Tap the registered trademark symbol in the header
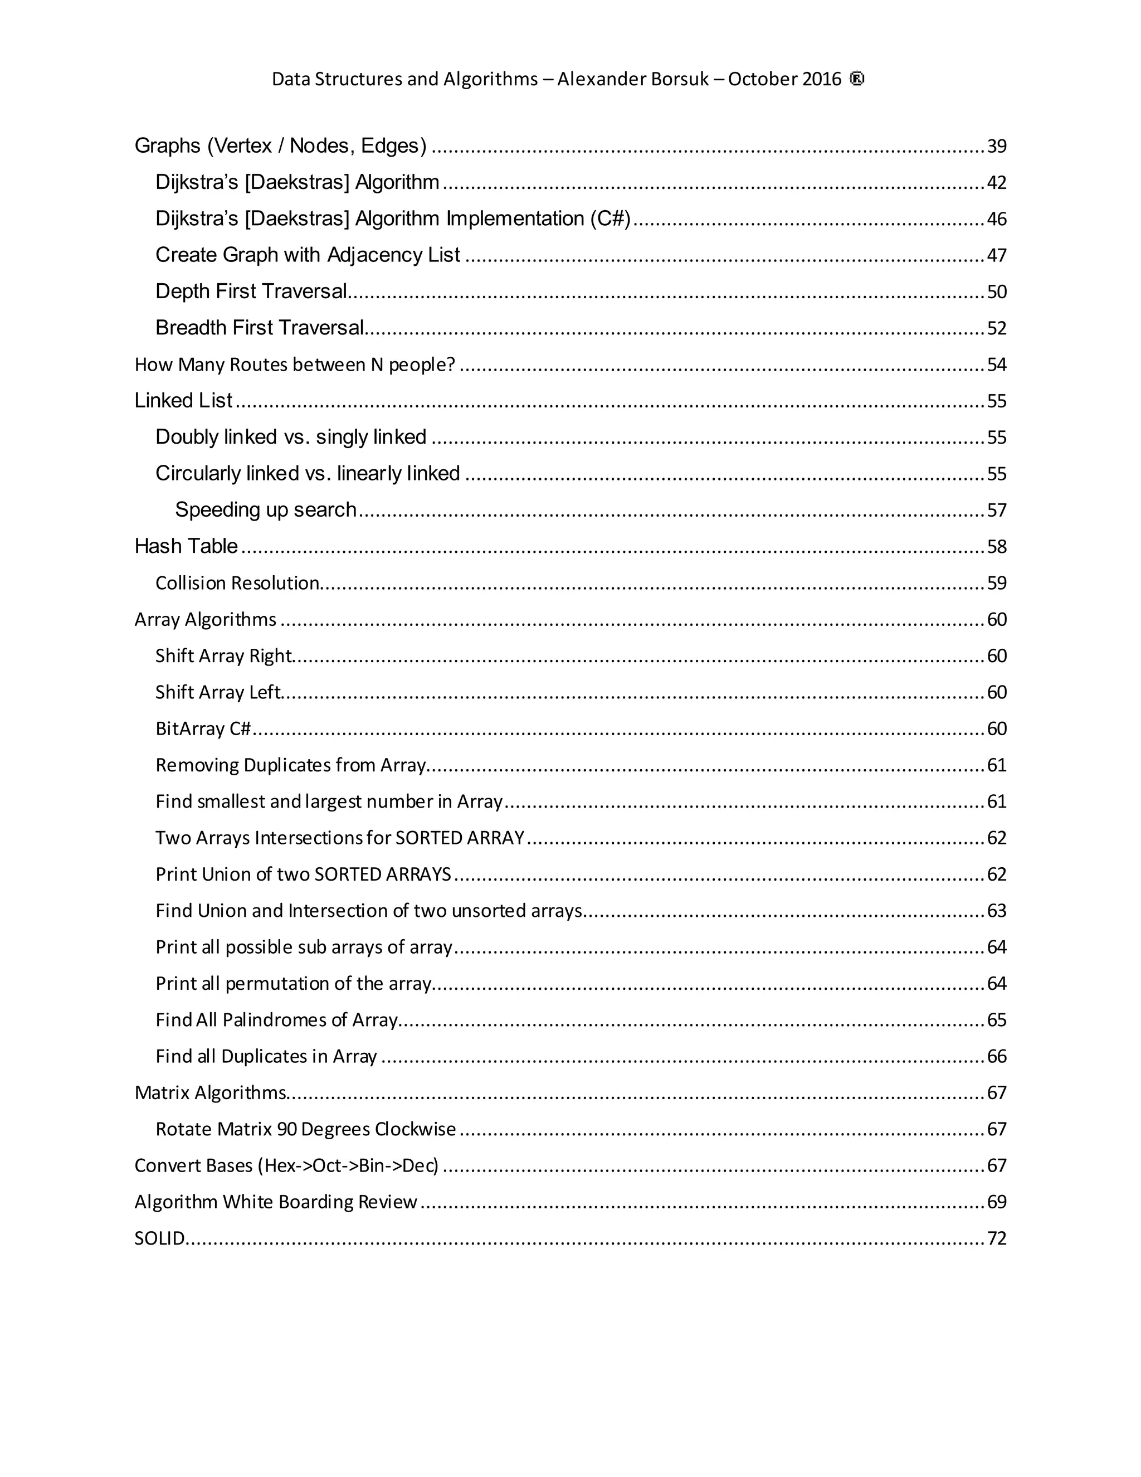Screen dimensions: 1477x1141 tap(856, 79)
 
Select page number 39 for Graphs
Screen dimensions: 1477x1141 tap(996, 146)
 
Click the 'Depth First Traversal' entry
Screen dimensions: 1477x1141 tap(251, 291)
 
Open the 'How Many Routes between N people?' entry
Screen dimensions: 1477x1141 tap(295, 365)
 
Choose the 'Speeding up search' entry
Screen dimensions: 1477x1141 tap(265, 510)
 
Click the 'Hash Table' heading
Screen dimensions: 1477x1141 tap(186, 546)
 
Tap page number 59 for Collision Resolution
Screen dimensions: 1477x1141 tap(996, 583)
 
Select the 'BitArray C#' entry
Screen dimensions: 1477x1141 tap(203, 728)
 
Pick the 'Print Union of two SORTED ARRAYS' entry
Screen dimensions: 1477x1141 tap(303, 874)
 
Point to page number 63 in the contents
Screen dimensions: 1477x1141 tap(996, 910)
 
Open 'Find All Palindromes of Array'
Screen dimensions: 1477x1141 tap(276, 1020)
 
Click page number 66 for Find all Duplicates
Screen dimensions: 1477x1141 tap(996, 1056)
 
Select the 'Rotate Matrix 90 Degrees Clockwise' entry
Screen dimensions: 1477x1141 tap(305, 1129)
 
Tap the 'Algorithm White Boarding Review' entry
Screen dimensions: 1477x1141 tap(276, 1202)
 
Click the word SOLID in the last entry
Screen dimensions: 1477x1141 tap(159, 1238)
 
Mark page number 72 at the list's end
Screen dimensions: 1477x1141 tap(996, 1238)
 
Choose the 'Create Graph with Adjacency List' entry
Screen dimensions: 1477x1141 tap(308, 255)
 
